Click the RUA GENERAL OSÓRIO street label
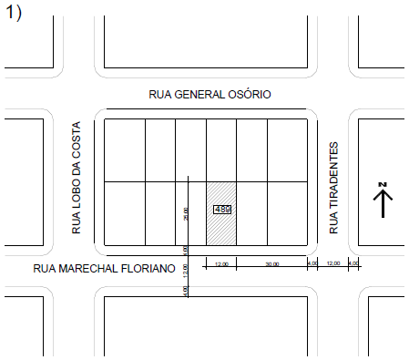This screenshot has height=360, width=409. pyautogui.click(x=210, y=95)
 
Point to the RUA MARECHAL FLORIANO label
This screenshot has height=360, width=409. pyautogui.click(x=103, y=268)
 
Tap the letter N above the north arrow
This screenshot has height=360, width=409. pyautogui.click(x=383, y=186)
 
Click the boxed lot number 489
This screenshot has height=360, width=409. pyautogui.click(x=221, y=210)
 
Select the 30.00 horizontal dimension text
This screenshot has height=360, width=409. pyautogui.click(x=272, y=264)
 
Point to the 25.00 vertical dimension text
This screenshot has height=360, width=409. pyautogui.click(x=185, y=213)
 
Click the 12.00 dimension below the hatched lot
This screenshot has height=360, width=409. pyautogui.click(x=221, y=264)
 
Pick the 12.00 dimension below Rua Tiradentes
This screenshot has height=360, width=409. pyautogui.click(x=332, y=263)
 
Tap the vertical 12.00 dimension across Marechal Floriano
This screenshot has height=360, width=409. pyautogui.click(x=185, y=271)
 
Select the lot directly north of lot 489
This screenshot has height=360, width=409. pyautogui.click(x=221, y=150)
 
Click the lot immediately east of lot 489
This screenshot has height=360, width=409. pyautogui.click(x=251, y=213)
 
